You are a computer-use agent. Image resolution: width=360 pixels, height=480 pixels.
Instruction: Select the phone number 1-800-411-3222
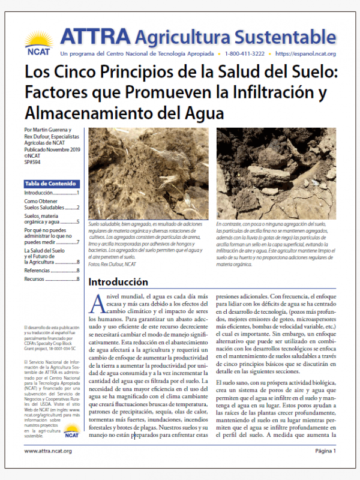point(247,54)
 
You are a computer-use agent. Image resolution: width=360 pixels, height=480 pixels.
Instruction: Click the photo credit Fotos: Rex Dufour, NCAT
point(112,264)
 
